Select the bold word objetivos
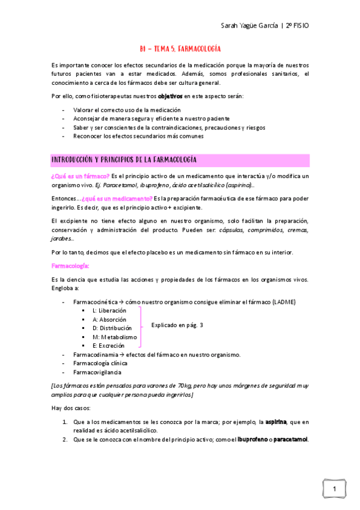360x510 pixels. (171, 96)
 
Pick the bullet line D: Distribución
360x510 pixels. (112, 328)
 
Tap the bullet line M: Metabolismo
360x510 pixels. (115, 337)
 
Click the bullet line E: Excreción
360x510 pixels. (108, 346)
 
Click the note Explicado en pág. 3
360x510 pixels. (177, 325)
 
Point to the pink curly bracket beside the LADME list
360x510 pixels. (142, 328)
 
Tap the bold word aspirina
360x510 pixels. (275, 422)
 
